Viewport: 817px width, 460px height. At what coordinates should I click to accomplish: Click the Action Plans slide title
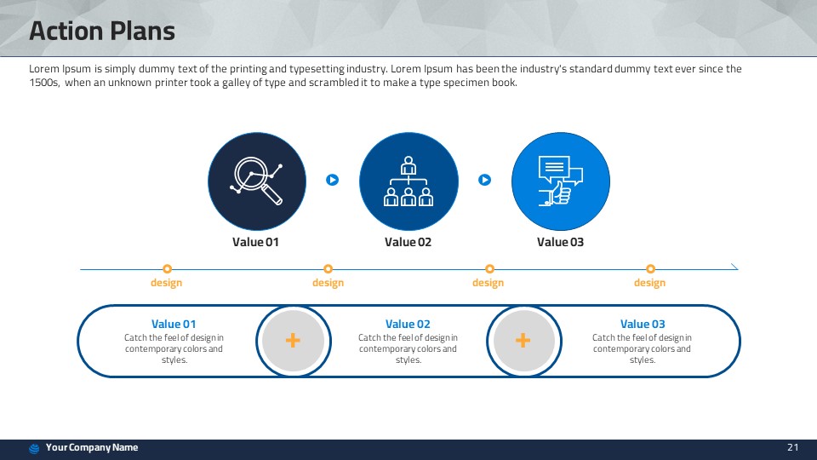102,31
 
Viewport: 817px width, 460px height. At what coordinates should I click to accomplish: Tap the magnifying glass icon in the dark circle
256,181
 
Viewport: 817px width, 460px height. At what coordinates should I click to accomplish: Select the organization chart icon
408,181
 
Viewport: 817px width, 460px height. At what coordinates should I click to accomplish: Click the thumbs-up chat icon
560,181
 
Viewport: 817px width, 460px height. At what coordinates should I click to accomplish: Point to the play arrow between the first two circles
333,180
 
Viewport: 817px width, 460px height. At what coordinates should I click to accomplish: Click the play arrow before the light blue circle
484,180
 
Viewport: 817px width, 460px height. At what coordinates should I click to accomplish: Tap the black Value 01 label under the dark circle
255,242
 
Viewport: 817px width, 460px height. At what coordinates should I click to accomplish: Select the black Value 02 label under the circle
408,242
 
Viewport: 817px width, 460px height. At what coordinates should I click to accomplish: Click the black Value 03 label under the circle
560,242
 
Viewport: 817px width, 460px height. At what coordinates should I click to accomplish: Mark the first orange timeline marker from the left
168,269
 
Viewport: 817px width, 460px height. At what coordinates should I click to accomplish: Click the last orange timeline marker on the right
650,269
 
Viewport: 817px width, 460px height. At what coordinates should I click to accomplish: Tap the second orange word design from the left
328,283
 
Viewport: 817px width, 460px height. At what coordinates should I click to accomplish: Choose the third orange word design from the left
488,283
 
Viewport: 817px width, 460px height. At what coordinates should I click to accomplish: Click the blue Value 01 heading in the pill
174,324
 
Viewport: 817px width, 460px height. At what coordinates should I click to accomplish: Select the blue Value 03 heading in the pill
643,324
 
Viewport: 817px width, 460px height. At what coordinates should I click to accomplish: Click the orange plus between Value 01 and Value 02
293,341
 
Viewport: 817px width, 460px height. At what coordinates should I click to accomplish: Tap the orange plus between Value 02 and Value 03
523,341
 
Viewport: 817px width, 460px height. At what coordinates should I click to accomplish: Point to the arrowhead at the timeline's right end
735,267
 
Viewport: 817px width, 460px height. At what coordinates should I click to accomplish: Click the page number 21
792,447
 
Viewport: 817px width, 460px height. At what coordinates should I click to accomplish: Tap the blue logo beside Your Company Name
34,449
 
